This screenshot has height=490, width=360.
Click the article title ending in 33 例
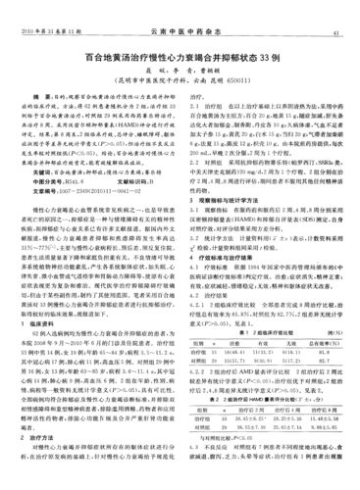pos(180,58)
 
